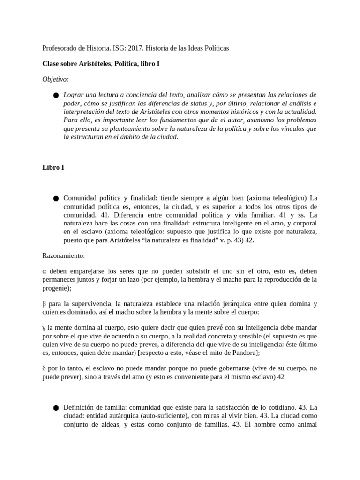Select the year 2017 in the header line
127,48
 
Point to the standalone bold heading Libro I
53,167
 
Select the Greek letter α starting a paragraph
44,271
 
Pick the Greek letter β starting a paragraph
44,303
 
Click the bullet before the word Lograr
56,95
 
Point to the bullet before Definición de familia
56,408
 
